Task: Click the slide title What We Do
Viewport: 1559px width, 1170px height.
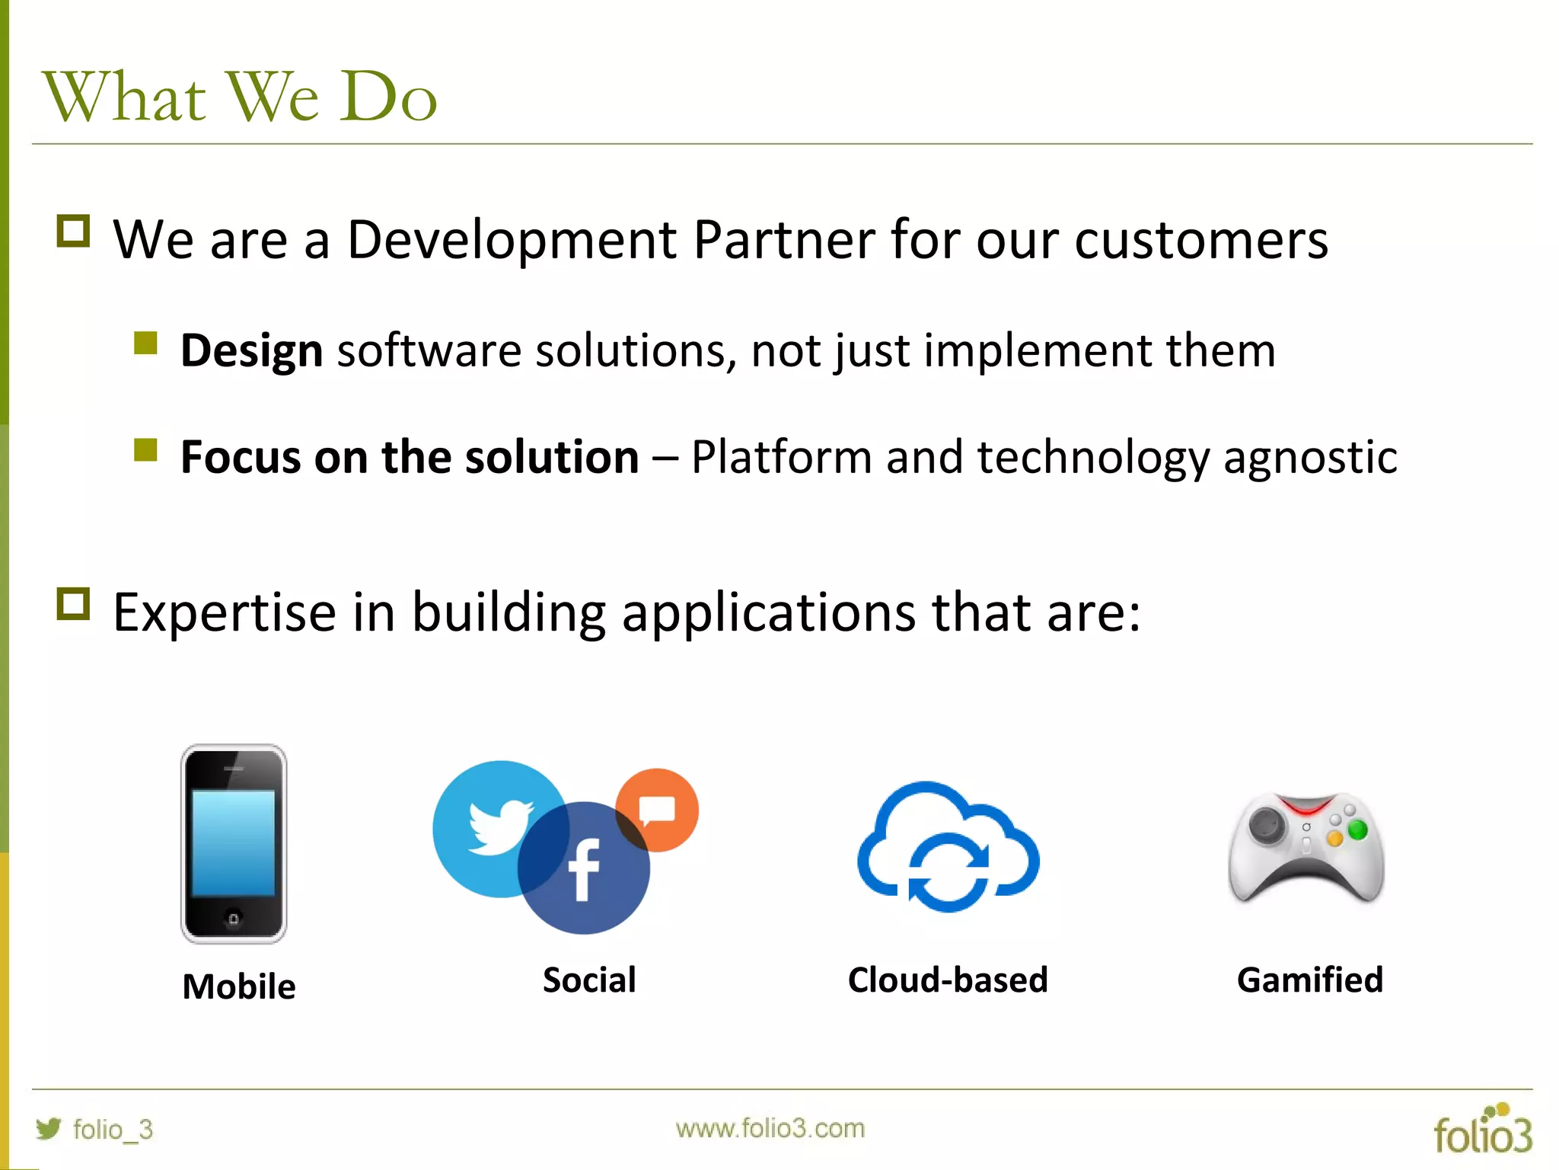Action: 241,97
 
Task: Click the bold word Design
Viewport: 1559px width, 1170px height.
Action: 251,351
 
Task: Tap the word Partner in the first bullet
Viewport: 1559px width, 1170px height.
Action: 783,240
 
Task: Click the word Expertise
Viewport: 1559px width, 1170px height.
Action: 225,612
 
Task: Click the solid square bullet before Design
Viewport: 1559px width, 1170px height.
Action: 145,344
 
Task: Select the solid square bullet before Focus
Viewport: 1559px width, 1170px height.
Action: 145,450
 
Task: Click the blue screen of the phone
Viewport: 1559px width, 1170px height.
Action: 233,842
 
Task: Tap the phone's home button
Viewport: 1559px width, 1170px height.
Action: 234,919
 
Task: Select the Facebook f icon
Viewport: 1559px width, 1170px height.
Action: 584,871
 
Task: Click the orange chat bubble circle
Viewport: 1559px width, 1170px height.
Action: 657,810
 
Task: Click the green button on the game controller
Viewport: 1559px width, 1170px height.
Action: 1357,830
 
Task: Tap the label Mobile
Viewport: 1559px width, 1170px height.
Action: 239,986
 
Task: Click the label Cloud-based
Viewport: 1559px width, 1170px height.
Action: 948,980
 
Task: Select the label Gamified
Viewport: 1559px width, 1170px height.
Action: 1309,980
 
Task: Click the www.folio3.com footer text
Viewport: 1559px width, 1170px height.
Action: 770,1128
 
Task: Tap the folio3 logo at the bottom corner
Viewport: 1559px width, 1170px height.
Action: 1482,1130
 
